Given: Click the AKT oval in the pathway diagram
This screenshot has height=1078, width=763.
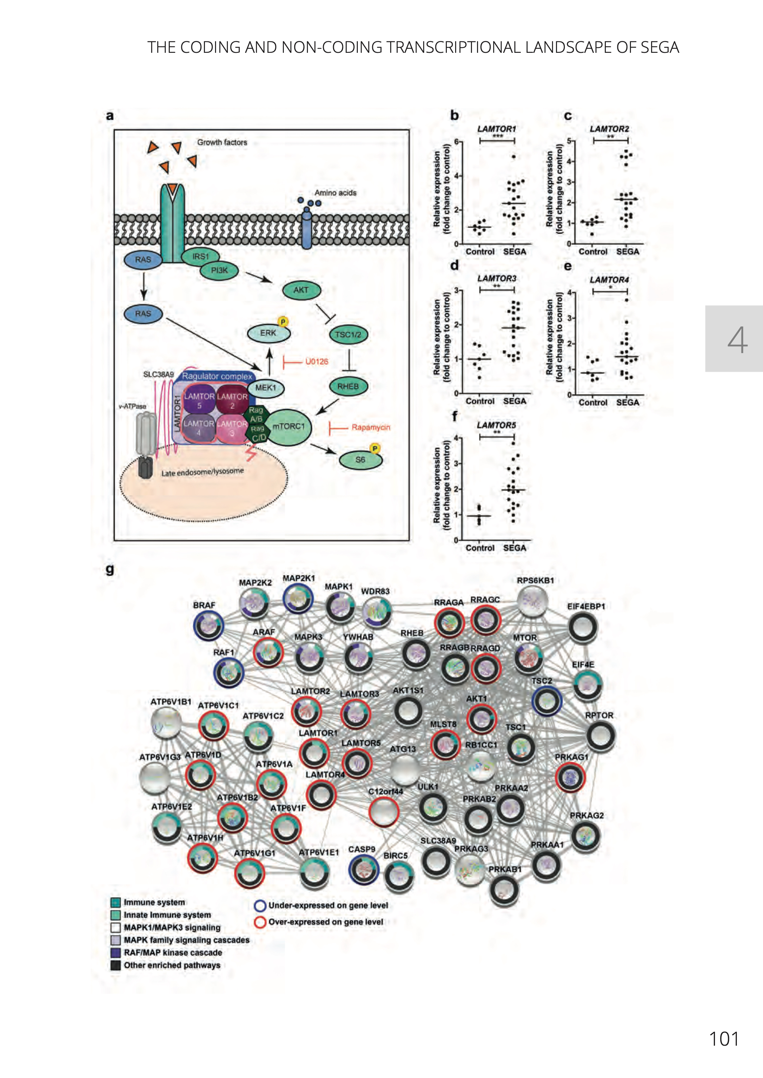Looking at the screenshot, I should (x=301, y=290).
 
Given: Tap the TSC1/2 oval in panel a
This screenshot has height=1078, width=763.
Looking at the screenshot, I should (x=348, y=334).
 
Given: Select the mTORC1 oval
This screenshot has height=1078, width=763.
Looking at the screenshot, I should (x=289, y=426).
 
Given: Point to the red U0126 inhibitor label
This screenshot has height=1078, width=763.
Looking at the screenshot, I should (x=317, y=361).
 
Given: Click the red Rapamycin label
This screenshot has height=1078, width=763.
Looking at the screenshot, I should (x=371, y=427).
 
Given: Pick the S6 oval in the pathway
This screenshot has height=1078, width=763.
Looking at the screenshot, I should (x=360, y=460).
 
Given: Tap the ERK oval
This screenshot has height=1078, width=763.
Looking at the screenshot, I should (x=268, y=333).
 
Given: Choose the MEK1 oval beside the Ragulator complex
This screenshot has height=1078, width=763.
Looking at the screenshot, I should (x=266, y=388).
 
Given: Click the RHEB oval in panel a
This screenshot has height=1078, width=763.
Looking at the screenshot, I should (x=348, y=387).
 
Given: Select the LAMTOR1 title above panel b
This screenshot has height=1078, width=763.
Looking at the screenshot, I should (x=497, y=129).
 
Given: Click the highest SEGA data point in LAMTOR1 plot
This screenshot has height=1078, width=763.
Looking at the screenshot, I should (x=514, y=157).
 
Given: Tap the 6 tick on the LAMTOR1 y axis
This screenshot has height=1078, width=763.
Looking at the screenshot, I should (x=456, y=142).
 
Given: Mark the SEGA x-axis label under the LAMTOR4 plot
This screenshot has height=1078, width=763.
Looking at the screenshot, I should (x=627, y=402).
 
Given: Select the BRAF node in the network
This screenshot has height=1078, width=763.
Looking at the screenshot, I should (x=208, y=625).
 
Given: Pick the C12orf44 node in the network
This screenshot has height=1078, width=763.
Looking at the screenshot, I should (x=384, y=811).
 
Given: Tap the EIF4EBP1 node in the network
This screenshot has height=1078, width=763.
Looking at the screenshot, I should (x=583, y=628).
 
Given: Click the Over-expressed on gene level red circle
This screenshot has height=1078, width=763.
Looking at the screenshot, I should (x=260, y=922).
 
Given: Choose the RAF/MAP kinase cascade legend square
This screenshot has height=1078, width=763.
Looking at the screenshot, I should (x=116, y=953).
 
